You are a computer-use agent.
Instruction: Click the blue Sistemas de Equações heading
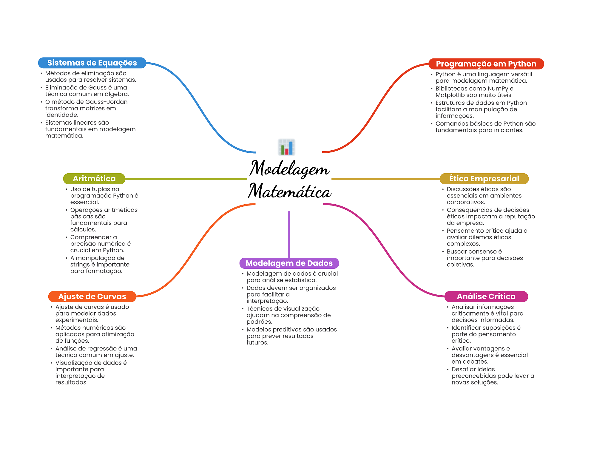(92, 63)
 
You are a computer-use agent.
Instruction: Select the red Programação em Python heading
(486, 64)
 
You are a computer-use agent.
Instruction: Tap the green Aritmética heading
(94, 179)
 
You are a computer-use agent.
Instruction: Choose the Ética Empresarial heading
(484, 179)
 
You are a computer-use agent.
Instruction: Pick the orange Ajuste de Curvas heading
(92, 296)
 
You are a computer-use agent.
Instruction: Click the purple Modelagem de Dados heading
(289, 263)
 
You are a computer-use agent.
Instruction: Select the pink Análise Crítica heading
(486, 296)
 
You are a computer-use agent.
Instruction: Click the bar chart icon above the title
(286, 147)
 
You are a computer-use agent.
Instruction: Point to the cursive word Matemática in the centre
(290, 191)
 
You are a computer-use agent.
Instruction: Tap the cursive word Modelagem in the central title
(289, 169)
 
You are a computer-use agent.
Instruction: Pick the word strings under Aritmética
(80, 265)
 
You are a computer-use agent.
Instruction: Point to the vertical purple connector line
(289, 234)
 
